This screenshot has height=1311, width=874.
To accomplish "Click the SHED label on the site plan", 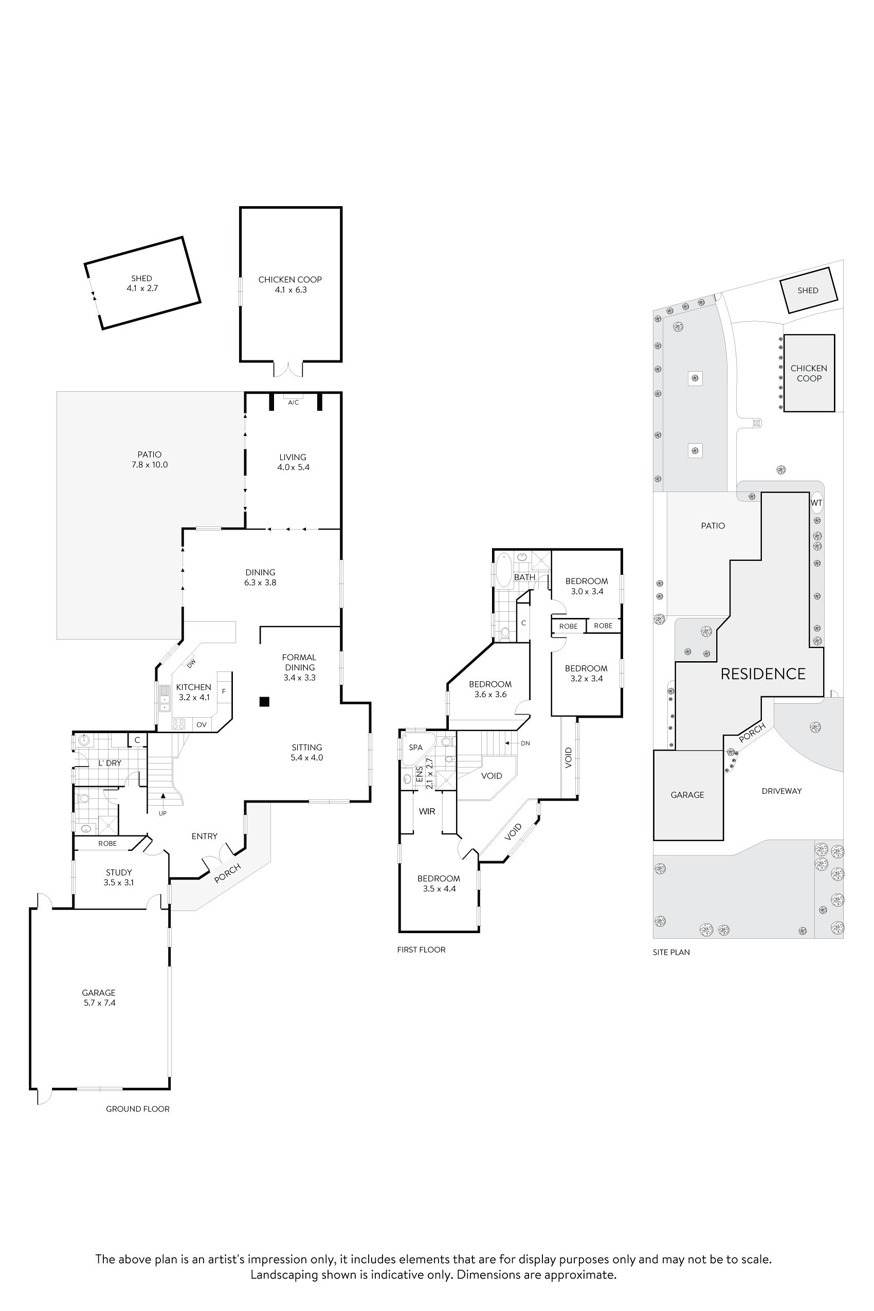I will pos(808,290).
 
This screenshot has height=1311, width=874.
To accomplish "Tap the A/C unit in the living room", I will pos(293,402).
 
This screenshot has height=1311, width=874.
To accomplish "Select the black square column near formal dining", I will pos(264,702).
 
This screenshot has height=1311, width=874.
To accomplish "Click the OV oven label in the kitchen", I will pos(202,724).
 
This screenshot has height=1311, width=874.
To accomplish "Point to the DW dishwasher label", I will pos(191,663).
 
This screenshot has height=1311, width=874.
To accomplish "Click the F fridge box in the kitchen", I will pos(224,691).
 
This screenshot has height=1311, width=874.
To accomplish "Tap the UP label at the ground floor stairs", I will pos(163,813).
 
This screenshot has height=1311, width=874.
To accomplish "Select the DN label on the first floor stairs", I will pos(525,743).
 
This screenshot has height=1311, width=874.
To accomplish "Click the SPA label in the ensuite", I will pos(416,748).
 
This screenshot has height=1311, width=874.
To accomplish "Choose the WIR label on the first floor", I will pos(427,812).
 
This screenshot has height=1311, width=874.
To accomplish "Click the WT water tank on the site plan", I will pos(816,503).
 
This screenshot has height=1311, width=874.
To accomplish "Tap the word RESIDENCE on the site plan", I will pos(762,674).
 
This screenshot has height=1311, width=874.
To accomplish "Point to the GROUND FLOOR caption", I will pos(138,1108).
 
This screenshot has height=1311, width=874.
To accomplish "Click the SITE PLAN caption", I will pos(671,952).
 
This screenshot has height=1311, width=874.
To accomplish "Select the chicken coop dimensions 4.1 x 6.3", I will pos(290,290).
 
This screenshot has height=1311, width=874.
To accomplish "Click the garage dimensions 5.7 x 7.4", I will pos(99,1003).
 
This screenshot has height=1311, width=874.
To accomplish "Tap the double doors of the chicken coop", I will pos(288,369).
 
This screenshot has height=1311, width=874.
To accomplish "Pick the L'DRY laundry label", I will pos(110,763).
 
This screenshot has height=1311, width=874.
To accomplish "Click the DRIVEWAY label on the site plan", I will pos(781,791).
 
